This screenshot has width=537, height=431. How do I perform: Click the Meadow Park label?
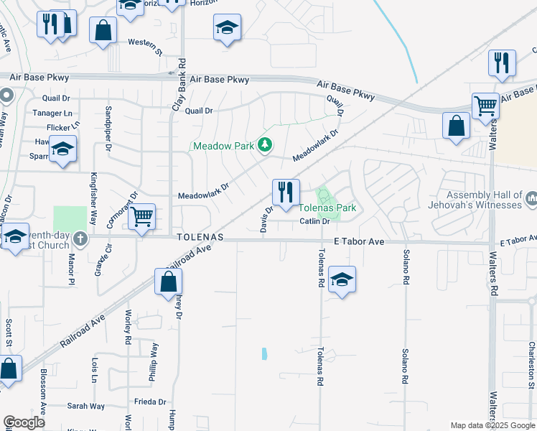[223, 146]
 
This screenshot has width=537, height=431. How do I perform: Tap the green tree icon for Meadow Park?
[265, 145]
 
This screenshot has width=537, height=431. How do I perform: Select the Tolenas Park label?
[327, 208]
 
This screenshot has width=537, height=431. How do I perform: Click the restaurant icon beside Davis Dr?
[286, 193]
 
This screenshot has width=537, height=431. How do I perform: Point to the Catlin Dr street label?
[314, 221]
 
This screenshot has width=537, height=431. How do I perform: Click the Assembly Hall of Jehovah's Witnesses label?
[484, 200]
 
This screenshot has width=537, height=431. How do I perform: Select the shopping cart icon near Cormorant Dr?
[141, 215]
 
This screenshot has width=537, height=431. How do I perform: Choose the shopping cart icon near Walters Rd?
[486, 106]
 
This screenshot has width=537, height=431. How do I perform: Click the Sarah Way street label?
[87, 406]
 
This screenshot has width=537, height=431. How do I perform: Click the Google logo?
[24, 422]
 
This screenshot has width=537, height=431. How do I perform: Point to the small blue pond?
[264, 353]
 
